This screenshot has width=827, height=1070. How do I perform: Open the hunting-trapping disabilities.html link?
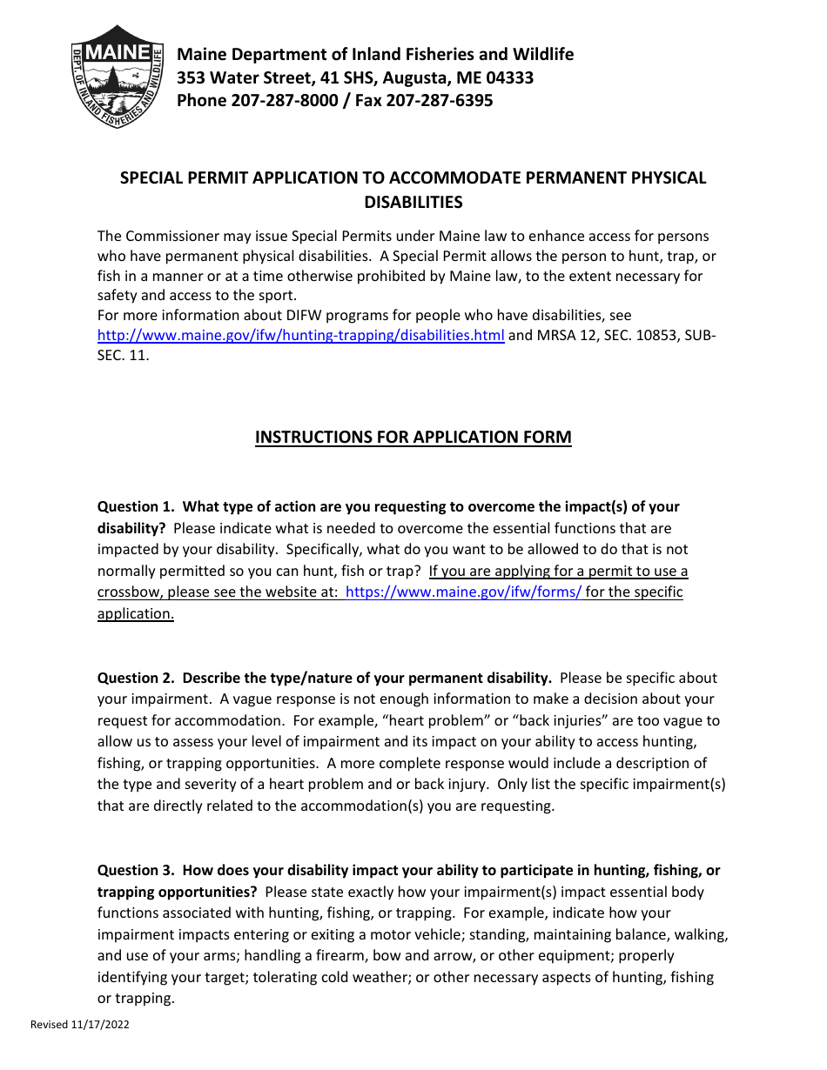[300, 336]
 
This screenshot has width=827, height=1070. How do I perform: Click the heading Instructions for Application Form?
[413, 437]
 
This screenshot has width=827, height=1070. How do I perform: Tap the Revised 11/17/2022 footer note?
[79, 1025]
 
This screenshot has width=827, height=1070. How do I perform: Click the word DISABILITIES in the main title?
[413, 203]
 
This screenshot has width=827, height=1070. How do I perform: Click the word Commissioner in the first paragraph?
[170, 237]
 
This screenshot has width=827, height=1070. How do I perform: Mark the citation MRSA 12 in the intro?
[562, 336]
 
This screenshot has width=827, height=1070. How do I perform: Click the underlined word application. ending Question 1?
[135, 613]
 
